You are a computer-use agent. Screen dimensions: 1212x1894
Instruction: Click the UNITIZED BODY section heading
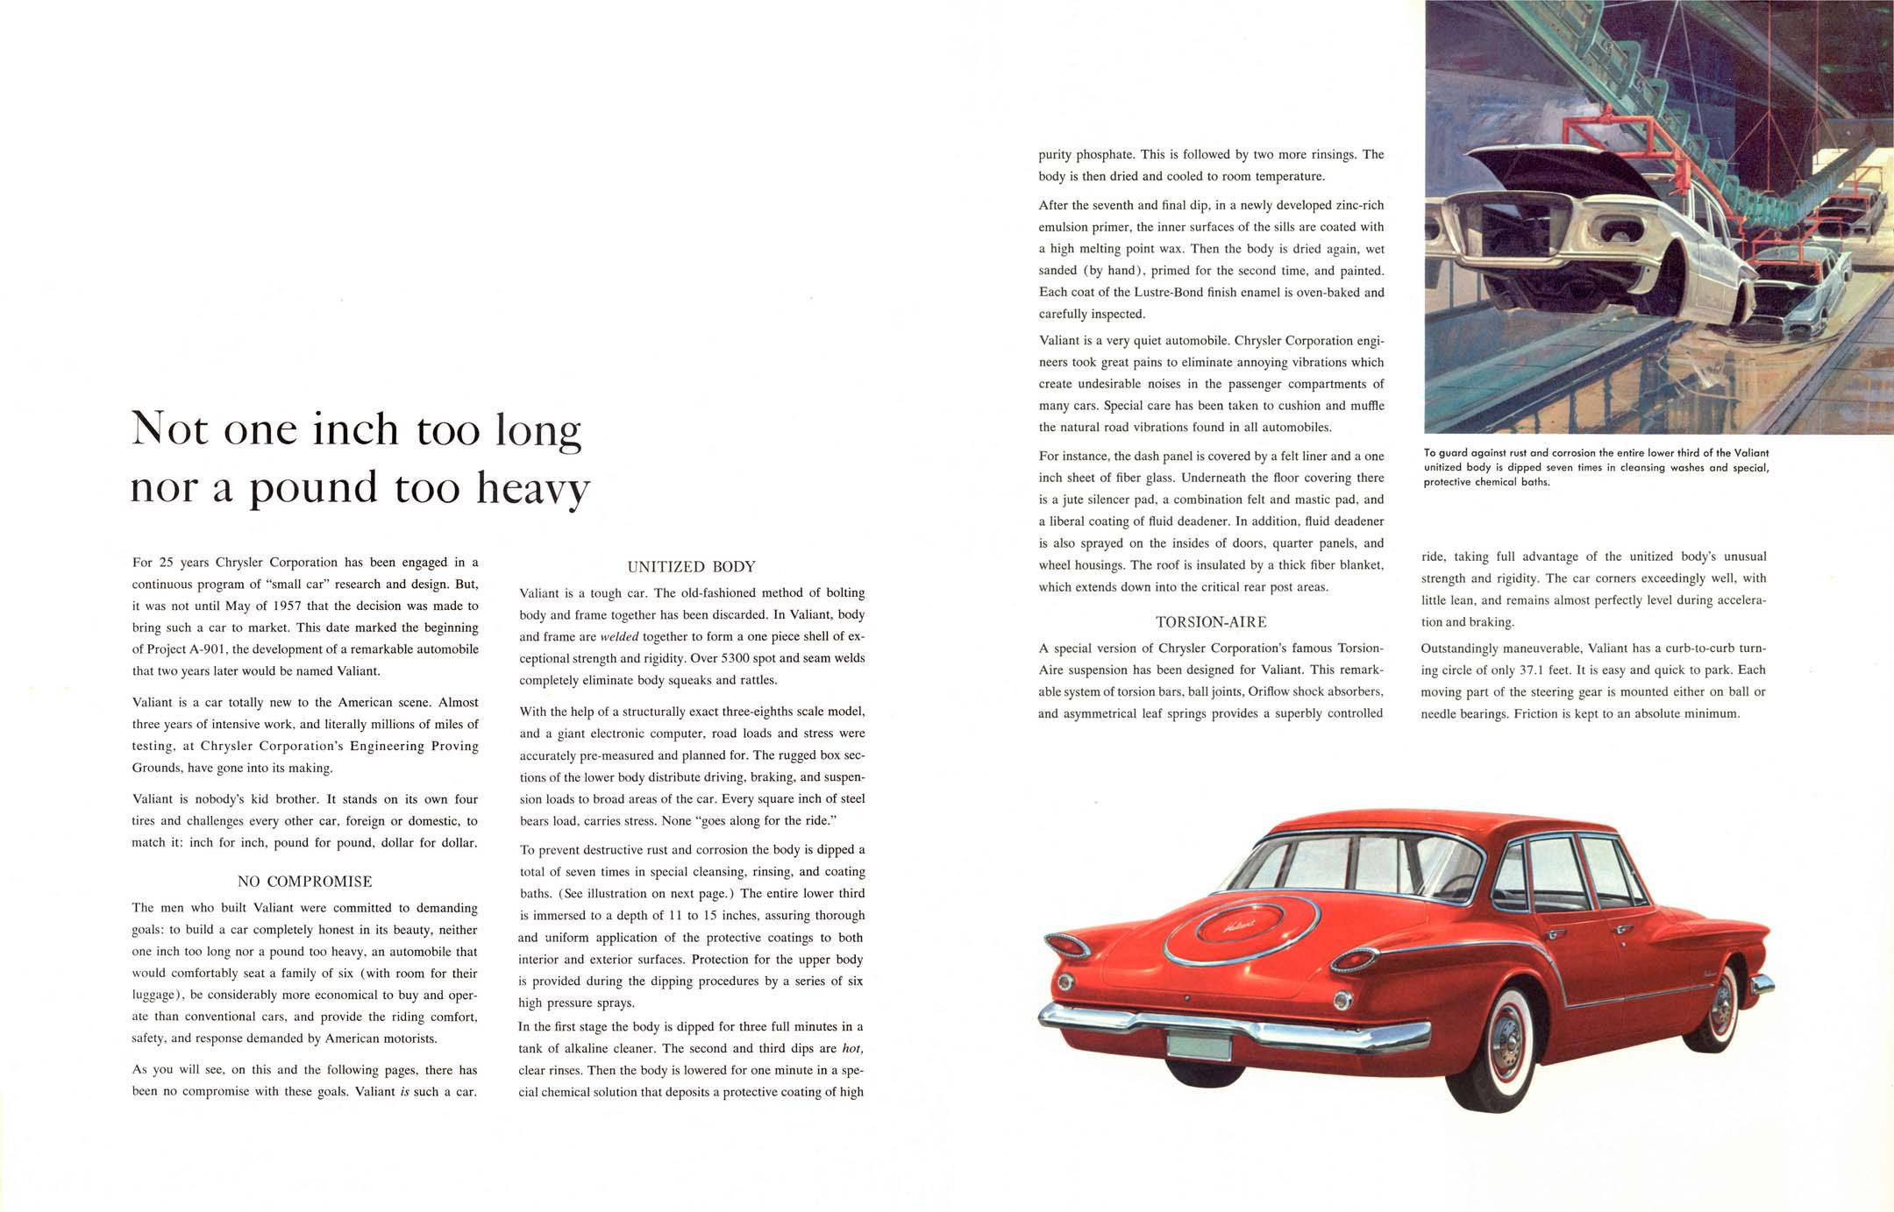coord(691,567)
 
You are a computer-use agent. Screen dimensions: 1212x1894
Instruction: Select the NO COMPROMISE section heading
coord(304,882)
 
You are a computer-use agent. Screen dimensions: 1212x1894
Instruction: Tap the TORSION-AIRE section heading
coord(1210,622)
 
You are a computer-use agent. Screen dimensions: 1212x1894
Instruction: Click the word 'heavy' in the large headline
coord(533,489)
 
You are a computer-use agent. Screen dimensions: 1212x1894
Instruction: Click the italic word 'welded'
coord(619,636)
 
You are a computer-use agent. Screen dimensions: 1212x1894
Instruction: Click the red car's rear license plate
coord(1199,1048)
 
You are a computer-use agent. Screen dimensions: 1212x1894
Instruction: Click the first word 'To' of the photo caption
coord(1430,453)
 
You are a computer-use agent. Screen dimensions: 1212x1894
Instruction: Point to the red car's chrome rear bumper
coord(1228,1027)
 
